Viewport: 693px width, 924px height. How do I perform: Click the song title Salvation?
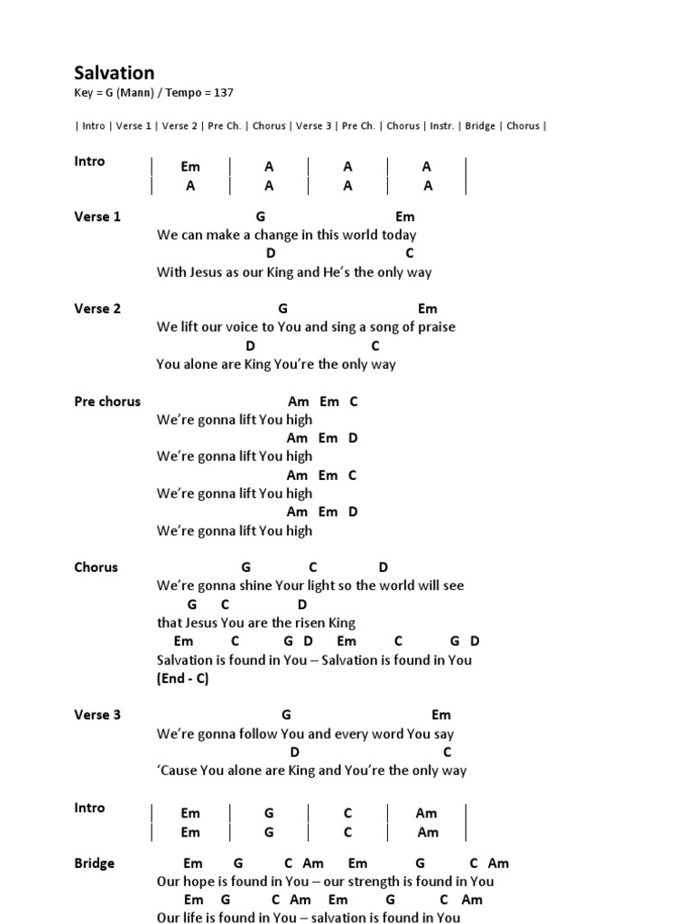pos(114,73)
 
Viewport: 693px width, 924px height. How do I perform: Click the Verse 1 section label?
pos(97,217)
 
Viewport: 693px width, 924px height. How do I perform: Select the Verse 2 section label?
pos(97,309)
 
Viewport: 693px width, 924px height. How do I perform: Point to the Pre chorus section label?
pos(107,402)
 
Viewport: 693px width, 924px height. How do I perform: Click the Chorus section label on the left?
pos(96,568)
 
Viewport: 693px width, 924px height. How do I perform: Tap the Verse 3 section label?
pos(97,715)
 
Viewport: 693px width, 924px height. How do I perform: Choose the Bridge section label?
pos(94,864)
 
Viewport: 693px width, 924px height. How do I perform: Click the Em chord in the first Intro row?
pos(190,167)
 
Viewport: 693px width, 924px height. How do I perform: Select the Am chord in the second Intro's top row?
pos(427,813)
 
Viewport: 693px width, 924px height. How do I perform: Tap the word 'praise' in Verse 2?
pos(435,328)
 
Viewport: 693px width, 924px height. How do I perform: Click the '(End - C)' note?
pos(182,679)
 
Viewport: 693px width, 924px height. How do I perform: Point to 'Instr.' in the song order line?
pos(441,126)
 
